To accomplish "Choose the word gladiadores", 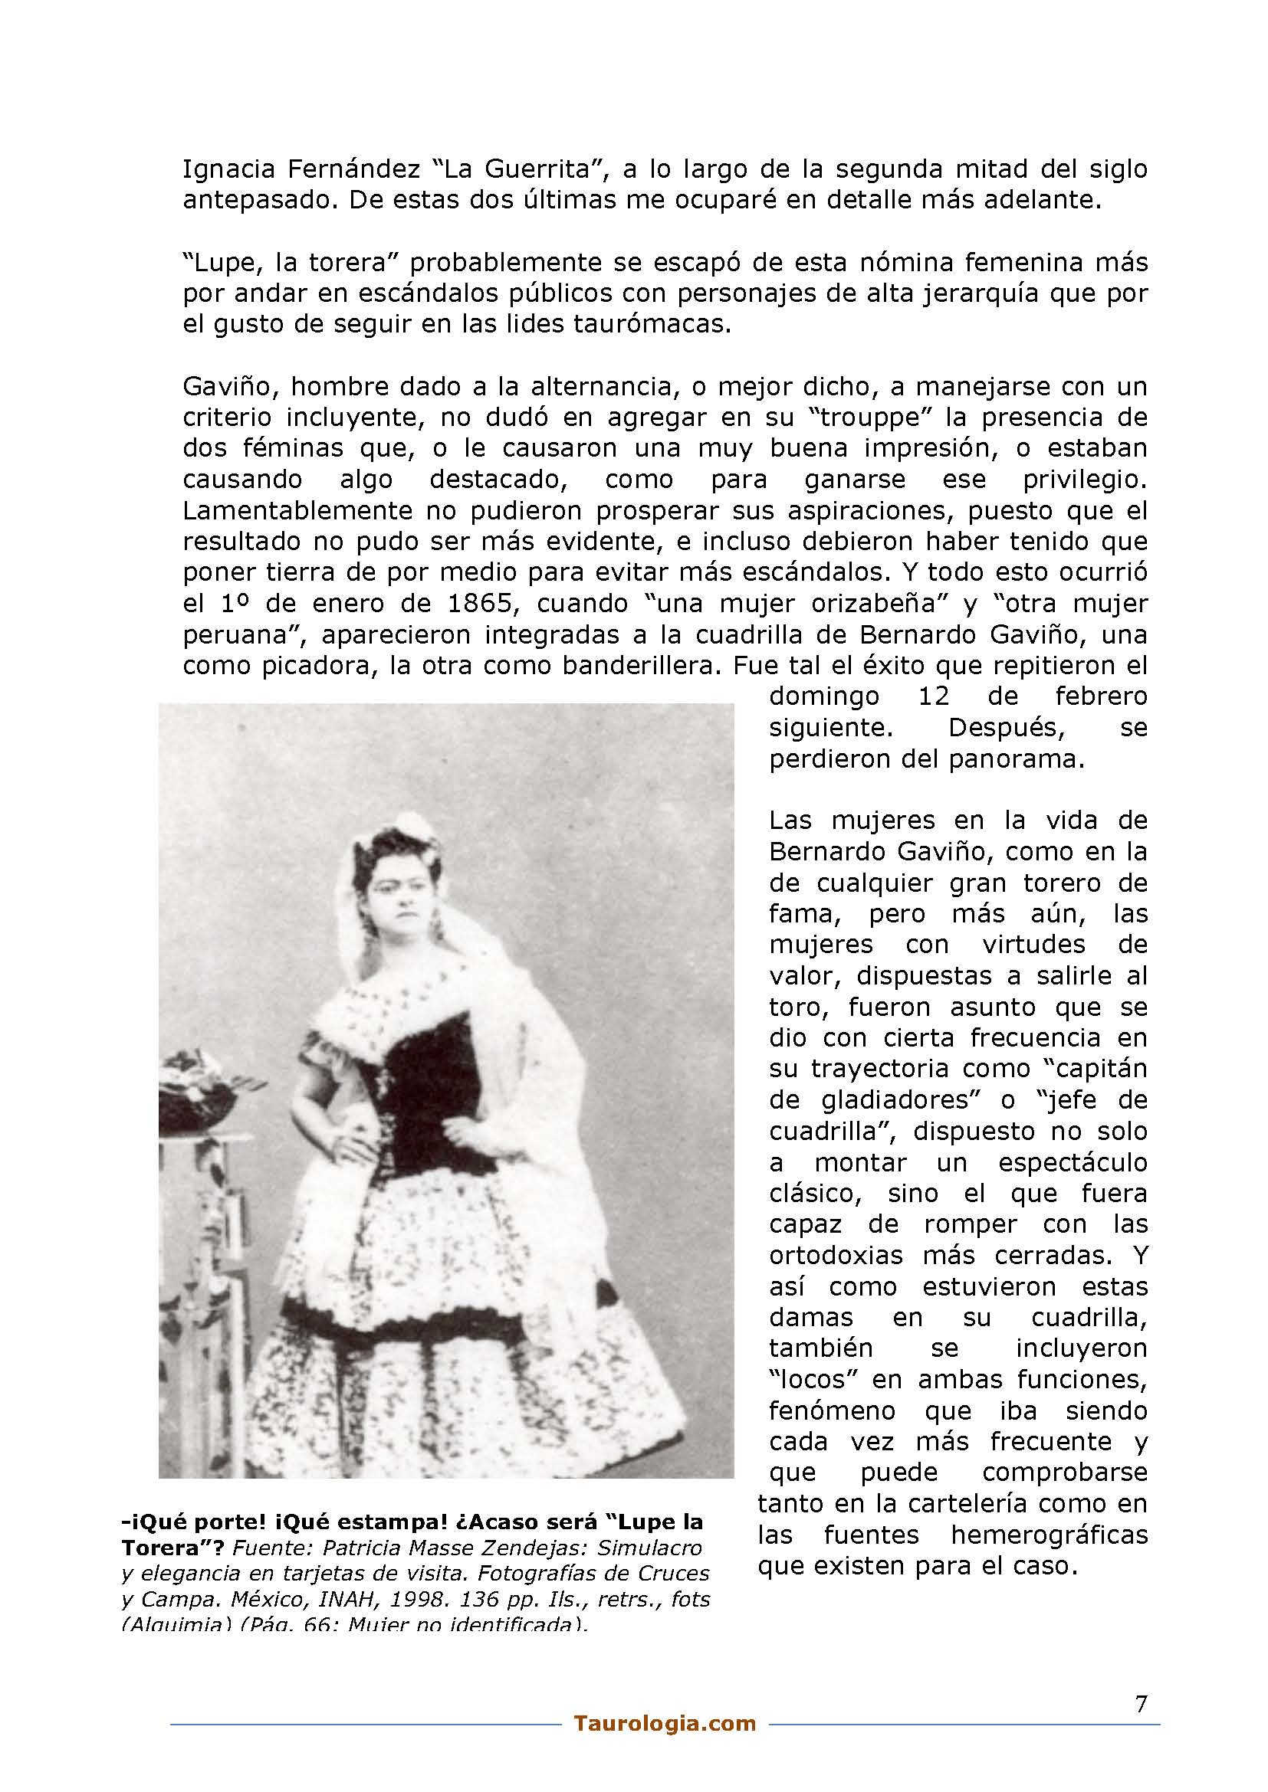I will coord(906,1100).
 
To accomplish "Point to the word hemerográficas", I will coord(1049,1535).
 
